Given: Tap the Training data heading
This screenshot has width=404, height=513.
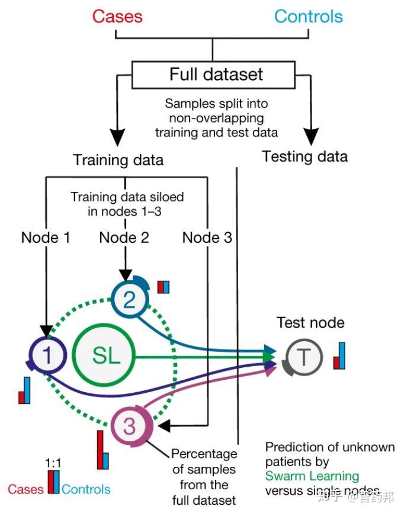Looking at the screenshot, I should (x=118, y=160).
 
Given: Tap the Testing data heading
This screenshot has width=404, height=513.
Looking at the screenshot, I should (x=304, y=156).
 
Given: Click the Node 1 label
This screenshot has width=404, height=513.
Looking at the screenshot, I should (x=46, y=238).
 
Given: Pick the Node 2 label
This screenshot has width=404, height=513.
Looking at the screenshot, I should (x=124, y=238).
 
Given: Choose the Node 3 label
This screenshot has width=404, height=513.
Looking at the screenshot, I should (x=207, y=238).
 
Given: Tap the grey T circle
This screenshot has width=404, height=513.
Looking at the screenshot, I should (x=303, y=357).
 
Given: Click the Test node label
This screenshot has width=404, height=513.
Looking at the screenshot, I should (x=310, y=323).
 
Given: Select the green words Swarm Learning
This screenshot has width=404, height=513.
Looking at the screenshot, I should (x=312, y=476).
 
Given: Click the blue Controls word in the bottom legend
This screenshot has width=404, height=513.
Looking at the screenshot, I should (x=86, y=489).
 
